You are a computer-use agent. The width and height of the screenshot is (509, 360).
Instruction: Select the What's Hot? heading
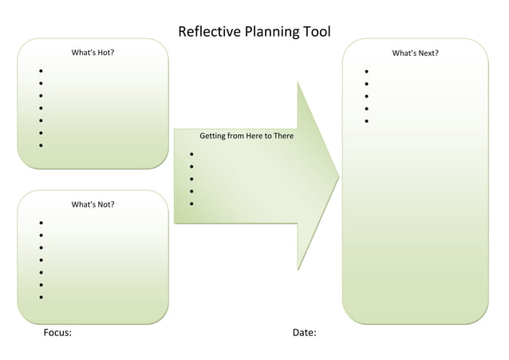[x=93, y=53]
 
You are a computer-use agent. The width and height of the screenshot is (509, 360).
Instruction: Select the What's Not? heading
[x=93, y=204]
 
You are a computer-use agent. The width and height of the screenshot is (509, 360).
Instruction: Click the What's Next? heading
[x=415, y=53]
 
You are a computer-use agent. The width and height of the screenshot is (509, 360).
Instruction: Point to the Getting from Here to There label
[x=247, y=136]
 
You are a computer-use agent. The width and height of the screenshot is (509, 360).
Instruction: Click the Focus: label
[x=57, y=332]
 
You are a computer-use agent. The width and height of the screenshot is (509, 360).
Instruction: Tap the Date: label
[x=304, y=332]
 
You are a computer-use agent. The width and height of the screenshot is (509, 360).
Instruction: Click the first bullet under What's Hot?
[x=41, y=71]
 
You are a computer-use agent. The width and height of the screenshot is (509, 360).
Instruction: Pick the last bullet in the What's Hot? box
[x=41, y=146]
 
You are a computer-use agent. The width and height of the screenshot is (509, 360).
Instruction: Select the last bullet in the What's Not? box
[x=41, y=298]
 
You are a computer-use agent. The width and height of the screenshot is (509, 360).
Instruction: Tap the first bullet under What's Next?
[x=366, y=72]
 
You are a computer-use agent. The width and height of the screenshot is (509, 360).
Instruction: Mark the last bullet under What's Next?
[x=366, y=121]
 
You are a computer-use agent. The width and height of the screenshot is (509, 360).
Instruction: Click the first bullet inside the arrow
[x=192, y=154]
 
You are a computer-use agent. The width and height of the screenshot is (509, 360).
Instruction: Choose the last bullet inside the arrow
[x=192, y=204]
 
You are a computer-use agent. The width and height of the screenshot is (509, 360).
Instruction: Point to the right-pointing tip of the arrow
[x=337, y=176]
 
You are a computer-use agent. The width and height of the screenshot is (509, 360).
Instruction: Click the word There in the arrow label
[x=282, y=136]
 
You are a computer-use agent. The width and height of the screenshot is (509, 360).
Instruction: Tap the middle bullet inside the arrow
[x=192, y=179]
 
